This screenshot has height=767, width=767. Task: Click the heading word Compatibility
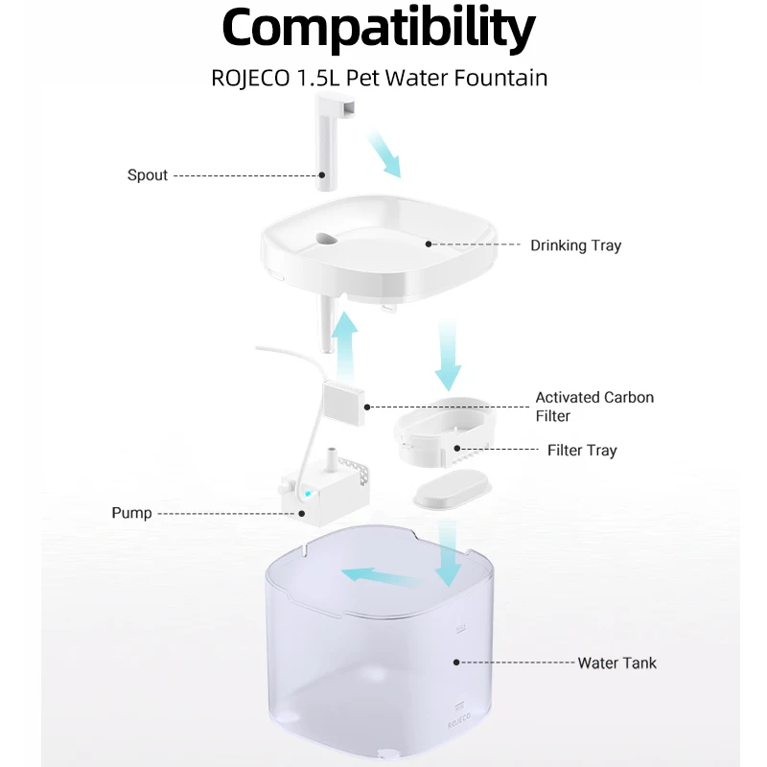coord(379,30)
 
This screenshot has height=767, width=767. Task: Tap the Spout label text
coord(148,175)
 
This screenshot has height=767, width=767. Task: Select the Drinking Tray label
coord(575,245)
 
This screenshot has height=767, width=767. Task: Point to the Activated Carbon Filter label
coord(594,407)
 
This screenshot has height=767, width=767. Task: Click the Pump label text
coord(131,513)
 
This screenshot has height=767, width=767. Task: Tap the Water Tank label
coord(616,662)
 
